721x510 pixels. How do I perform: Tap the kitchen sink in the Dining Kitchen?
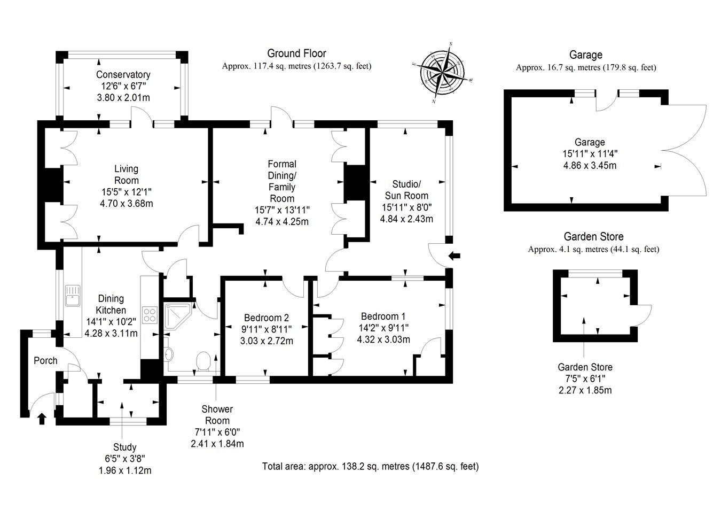72,295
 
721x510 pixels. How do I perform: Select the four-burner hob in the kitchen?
149,314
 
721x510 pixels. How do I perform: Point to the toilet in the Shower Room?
203,361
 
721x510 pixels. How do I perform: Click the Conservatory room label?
123,75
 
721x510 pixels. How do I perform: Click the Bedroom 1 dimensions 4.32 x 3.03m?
383,339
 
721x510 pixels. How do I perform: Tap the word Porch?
45,361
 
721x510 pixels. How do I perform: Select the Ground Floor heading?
296,53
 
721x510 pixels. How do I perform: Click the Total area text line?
370,466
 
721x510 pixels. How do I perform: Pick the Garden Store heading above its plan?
593,236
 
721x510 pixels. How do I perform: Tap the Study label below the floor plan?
124,447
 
